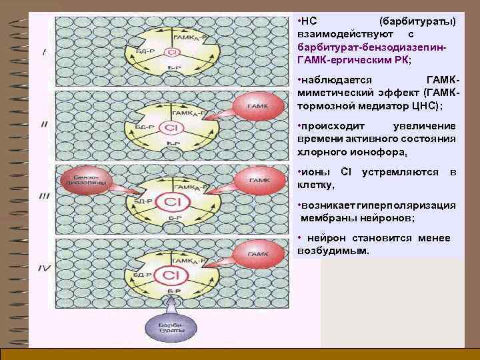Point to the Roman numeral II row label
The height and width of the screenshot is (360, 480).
[43, 125]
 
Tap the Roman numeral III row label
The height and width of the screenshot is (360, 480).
[44, 196]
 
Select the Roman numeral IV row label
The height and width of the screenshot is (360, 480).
[43, 268]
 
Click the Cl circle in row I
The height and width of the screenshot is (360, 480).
[172, 52]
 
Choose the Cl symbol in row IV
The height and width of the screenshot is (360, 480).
[171, 274]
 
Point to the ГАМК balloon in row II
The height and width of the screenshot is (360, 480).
[257, 106]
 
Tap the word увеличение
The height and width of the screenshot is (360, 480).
[425, 125]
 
